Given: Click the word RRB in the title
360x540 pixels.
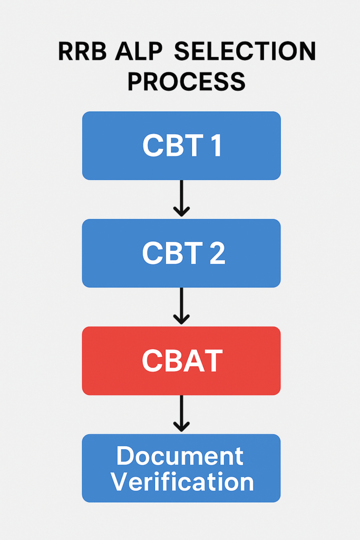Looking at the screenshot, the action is pos(82,51).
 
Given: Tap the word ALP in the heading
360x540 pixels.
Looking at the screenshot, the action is pos(138,51).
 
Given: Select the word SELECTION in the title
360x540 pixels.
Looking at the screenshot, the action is pos(245,51).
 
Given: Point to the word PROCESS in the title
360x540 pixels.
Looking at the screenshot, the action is pos(186,82).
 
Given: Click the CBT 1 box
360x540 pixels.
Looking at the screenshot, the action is pos(181,146).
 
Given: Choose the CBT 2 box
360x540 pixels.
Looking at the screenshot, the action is pos(181,253).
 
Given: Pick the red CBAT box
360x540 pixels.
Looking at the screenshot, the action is pos(181,361).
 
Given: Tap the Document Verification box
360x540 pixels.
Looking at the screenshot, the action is pos(181,468).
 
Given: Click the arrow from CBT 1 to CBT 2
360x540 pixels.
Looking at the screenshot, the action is pos(181,198).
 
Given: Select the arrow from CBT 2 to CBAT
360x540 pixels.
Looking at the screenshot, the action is pos(181,306).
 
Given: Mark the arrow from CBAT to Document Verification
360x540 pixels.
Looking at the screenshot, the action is pos(181,413).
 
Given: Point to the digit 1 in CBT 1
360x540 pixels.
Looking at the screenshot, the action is pos(216,146).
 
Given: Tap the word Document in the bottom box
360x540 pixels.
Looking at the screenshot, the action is pos(180,456).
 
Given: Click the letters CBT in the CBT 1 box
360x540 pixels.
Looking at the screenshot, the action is pos(173,146).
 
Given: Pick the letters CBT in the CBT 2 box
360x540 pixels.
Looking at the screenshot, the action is pos(172,253).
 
